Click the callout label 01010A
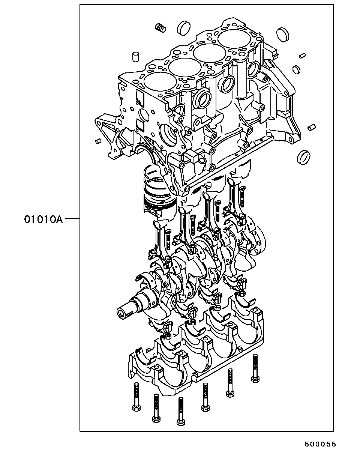click(43, 219)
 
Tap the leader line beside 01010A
click(72, 219)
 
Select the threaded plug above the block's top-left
click(160, 28)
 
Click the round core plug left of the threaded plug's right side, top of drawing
click(183, 27)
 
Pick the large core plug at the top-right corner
click(282, 35)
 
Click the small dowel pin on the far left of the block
click(98, 141)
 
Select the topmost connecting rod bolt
click(243, 196)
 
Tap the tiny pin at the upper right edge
click(302, 56)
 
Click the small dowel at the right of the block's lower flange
click(311, 128)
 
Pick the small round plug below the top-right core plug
click(296, 70)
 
